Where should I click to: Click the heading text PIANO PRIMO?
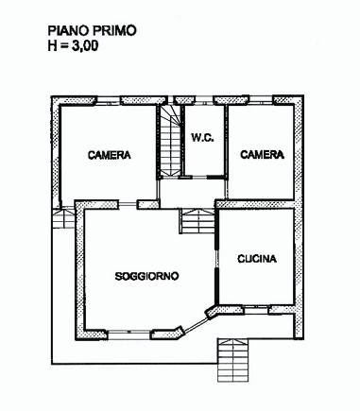pyautogui.click(x=92, y=31)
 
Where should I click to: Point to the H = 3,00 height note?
pyautogui.click(x=73, y=45)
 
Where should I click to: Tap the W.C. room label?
pyautogui.click(x=203, y=138)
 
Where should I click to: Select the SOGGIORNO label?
pyautogui.click(x=146, y=276)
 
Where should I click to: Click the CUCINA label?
pyautogui.click(x=257, y=259)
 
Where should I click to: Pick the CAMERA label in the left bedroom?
pyautogui.click(x=110, y=155)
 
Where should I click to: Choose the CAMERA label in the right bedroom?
pyautogui.click(x=262, y=154)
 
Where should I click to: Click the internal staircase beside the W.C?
pyautogui.click(x=170, y=141)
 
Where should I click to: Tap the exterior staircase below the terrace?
pyautogui.click(x=233, y=360)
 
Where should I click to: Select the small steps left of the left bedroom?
pyautogui.click(x=63, y=218)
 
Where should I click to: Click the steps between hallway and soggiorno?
pyautogui.click(x=197, y=221)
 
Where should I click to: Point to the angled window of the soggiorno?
pyautogui.click(x=196, y=325)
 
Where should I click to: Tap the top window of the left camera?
pyautogui.click(x=109, y=100)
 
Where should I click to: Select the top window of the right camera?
pyautogui.click(x=261, y=100)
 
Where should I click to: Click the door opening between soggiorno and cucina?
pyautogui.click(x=216, y=259)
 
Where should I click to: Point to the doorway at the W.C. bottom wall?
pyautogui.click(x=199, y=177)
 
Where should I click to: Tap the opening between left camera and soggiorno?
pyautogui.click(x=128, y=205)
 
